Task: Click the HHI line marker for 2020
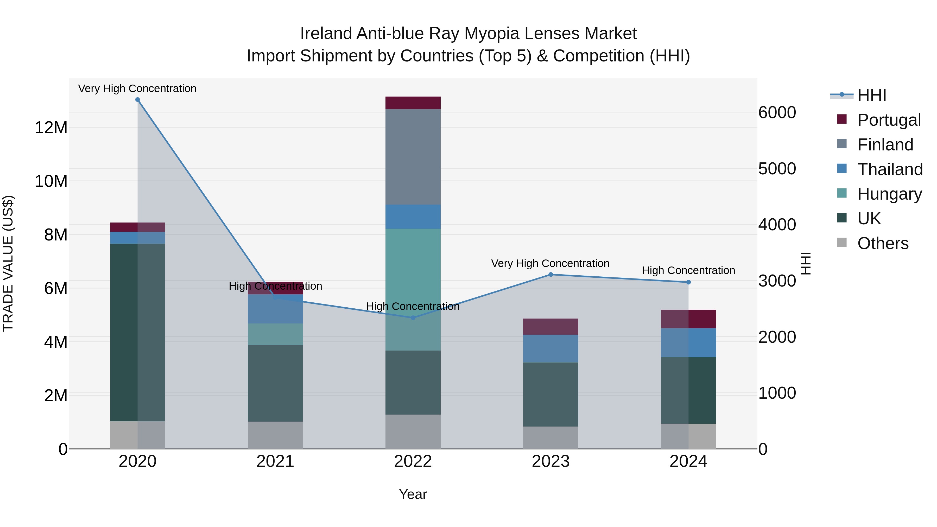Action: pos(137,100)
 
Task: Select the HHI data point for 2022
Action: pos(413,318)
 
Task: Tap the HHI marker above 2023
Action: pos(550,275)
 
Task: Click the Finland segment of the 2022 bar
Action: pos(413,156)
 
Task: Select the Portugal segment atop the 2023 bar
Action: pos(550,327)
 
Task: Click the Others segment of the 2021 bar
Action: pos(275,435)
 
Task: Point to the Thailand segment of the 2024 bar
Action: pos(688,342)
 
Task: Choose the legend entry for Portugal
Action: pos(889,120)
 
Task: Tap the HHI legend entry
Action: pos(871,95)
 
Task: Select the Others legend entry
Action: pos(883,243)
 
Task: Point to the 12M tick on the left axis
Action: pos(51,128)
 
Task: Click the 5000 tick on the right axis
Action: pos(777,168)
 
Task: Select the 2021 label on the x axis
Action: pos(275,461)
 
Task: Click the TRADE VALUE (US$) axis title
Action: pos(8,263)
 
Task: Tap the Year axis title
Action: pos(413,494)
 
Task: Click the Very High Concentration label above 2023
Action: pos(550,263)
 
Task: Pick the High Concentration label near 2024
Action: pos(688,271)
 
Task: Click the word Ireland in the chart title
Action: pos(326,34)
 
